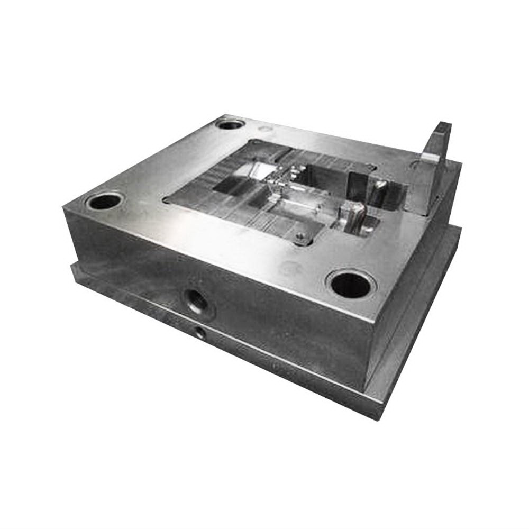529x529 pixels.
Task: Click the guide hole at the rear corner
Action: point(230,126)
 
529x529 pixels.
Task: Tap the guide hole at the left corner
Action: point(104,202)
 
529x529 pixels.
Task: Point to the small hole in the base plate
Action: point(200,332)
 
